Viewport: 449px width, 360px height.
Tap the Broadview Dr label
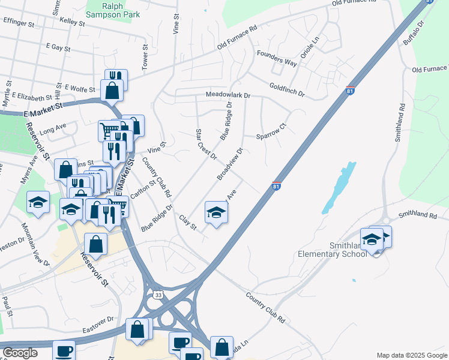click(x=230, y=163)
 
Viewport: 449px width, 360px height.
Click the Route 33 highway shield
click(x=157, y=295)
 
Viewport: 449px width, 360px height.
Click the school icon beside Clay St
click(x=217, y=212)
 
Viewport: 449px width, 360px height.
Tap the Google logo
click(x=20, y=353)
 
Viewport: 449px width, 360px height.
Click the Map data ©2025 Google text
click(x=411, y=355)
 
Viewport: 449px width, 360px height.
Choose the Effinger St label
click(x=19, y=23)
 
